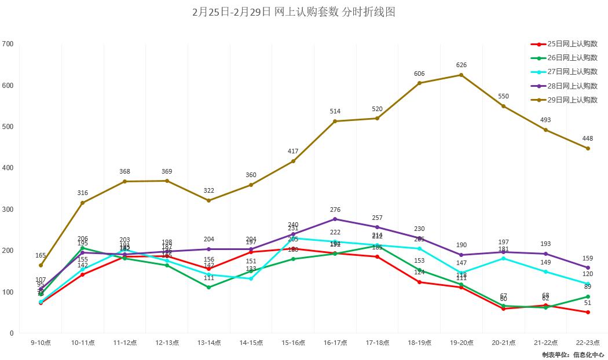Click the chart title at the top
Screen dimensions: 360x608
(x=294, y=12)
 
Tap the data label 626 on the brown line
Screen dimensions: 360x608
(x=461, y=65)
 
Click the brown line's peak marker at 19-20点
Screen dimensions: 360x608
(x=461, y=75)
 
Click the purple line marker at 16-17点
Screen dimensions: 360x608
(x=335, y=219)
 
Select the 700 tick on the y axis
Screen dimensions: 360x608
(x=8, y=44)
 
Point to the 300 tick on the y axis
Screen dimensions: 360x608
(x=8, y=210)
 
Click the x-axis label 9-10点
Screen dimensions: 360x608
(x=41, y=343)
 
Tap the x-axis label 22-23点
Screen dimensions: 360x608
(x=587, y=343)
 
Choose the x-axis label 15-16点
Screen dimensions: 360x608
(x=293, y=343)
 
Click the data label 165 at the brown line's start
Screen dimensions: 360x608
(x=41, y=255)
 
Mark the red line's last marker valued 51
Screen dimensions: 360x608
(x=588, y=313)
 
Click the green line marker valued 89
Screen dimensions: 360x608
(x=588, y=297)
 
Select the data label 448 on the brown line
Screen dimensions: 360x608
(x=587, y=139)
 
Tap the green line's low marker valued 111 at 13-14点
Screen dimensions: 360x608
(x=209, y=288)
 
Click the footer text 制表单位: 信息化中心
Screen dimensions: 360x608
(x=573, y=355)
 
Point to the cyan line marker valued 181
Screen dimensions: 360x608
(x=503, y=258)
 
